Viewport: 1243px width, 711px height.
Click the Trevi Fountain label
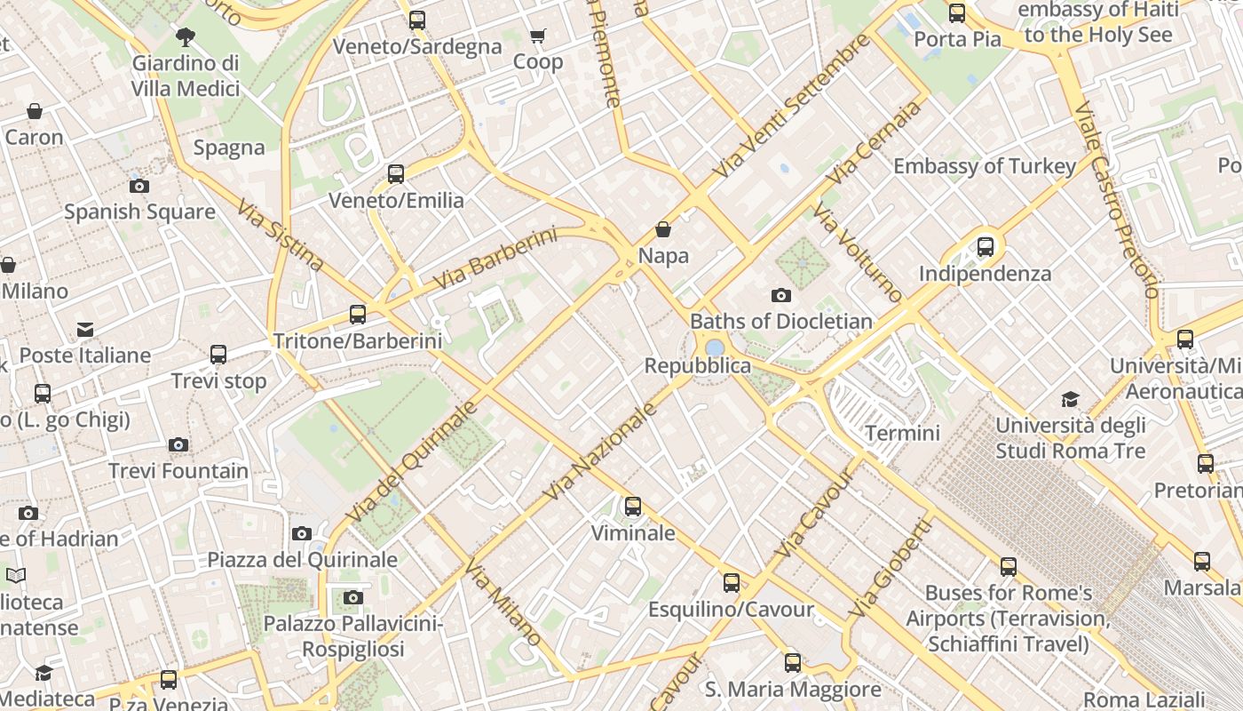pyautogui.click(x=178, y=471)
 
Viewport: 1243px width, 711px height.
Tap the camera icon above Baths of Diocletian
pyautogui.click(x=781, y=295)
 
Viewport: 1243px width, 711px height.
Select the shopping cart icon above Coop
pyautogui.click(x=537, y=36)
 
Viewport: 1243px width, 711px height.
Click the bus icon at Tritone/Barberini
pyautogui.click(x=358, y=315)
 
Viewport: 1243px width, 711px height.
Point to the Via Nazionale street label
pyautogui.click(x=602, y=451)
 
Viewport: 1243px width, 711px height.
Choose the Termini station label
pyautogui.click(x=902, y=433)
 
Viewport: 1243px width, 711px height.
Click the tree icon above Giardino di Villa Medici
pyautogui.click(x=186, y=37)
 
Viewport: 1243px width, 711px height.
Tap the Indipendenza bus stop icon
pyautogui.click(x=986, y=247)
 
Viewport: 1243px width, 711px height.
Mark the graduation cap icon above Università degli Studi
pyautogui.click(x=1071, y=399)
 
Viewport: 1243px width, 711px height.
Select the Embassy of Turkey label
pyautogui.click(x=985, y=166)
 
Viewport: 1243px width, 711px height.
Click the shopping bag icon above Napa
pyautogui.click(x=663, y=229)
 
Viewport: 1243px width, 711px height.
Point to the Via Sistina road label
pyautogui.click(x=281, y=236)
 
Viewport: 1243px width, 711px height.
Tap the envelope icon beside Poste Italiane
pyautogui.click(x=85, y=330)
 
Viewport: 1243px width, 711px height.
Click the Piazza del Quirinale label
pyautogui.click(x=302, y=560)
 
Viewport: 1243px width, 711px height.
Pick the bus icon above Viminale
pyautogui.click(x=633, y=507)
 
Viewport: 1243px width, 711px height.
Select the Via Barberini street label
pyautogui.click(x=495, y=259)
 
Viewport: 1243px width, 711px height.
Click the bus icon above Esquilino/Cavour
pyautogui.click(x=731, y=583)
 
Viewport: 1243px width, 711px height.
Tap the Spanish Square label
pyautogui.click(x=139, y=212)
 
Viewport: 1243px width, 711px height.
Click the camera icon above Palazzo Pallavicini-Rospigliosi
pyautogui.click(x=353, y=597)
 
